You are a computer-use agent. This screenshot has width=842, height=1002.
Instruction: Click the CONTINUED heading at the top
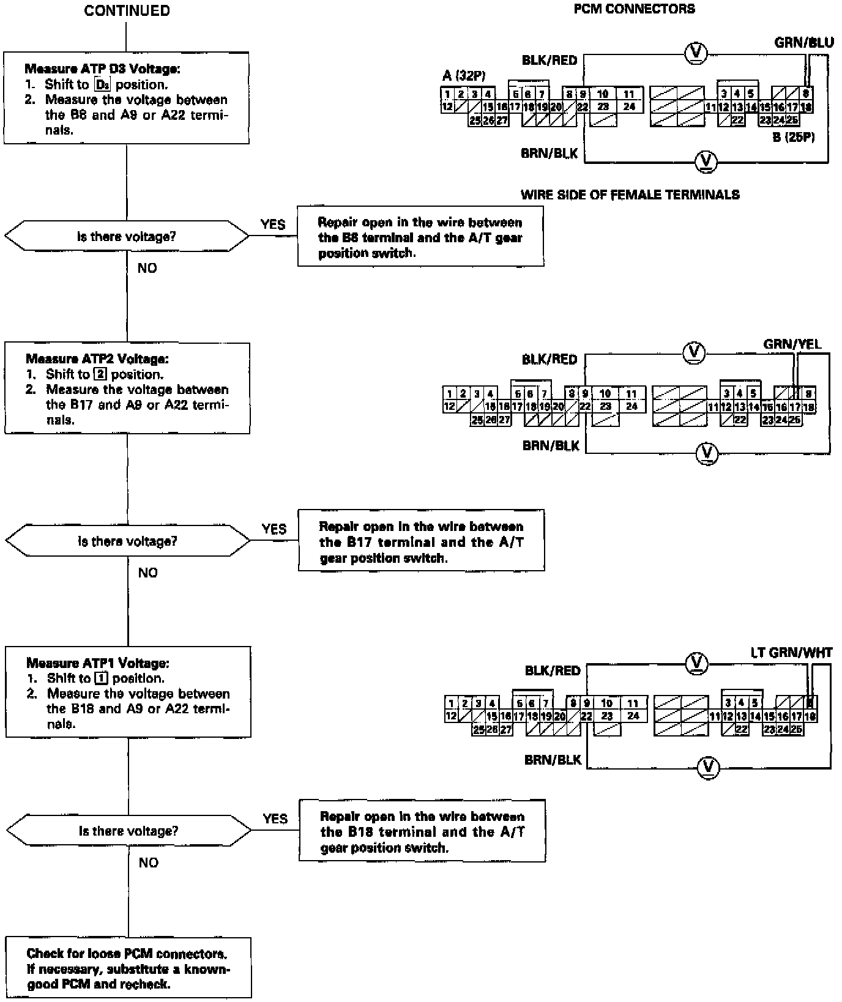(x=127, y=11)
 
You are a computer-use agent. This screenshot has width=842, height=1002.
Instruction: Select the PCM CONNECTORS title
(x=634, y=9)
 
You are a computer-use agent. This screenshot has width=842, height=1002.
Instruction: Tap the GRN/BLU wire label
(x=803, y=42)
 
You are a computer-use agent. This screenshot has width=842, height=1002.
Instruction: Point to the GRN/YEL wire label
(x=792, y=344)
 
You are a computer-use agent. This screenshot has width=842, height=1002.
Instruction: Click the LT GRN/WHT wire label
(x=791, y=653)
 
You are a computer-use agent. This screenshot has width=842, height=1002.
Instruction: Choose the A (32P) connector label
(x=464, y=76)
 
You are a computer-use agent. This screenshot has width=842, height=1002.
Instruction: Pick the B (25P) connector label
(x=793, y=138)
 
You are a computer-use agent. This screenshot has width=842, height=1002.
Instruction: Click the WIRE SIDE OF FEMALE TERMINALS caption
(x=630, y=195)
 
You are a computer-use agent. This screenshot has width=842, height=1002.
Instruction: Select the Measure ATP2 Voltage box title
(x=97, y=359)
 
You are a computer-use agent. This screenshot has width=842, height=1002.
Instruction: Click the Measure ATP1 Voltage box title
(x=98, y=663)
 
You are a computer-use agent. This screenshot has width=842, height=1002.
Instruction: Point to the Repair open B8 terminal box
(x=420, y=237)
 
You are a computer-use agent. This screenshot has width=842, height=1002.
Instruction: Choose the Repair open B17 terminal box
(x=421, y=542)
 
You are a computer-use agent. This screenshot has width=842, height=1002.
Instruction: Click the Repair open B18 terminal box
(x=422, y=831)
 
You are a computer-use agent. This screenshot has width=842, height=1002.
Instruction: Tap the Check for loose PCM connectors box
(x=129, y=968)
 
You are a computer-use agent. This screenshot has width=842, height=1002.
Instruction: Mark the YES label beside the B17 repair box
(x=274, y=529)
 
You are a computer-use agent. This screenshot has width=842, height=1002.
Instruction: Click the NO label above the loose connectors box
(x=149, y=863)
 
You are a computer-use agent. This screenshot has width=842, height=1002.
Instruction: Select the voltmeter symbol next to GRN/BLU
(x=695, y=53)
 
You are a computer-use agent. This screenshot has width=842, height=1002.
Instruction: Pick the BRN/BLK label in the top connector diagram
(x=549, y=154)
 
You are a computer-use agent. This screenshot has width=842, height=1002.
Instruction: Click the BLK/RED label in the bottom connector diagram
(x=552, y=671)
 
